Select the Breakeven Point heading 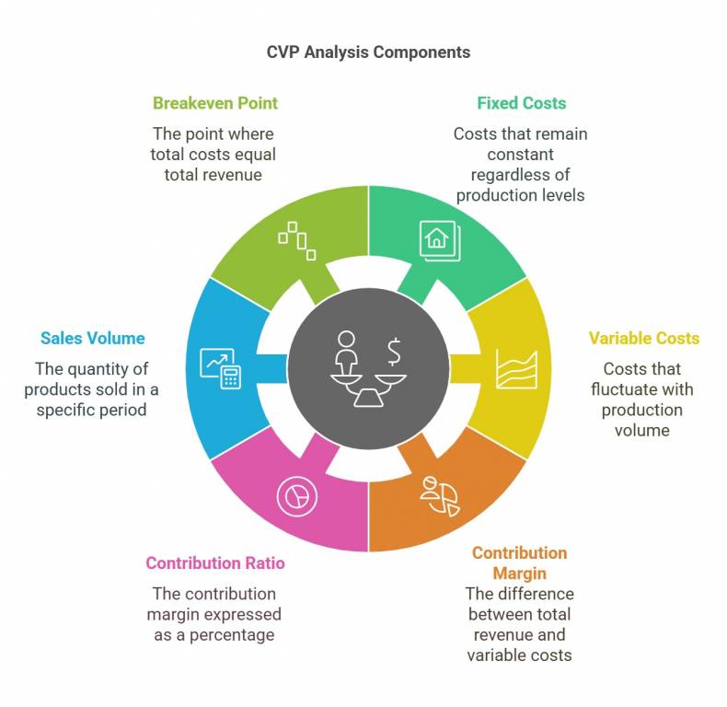point(214,103)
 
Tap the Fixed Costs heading point(521,103)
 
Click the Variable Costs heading point(643,338)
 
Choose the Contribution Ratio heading point(214,563)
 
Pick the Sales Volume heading point(92,338)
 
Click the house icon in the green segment point(438,239)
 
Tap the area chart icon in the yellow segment point(516,368)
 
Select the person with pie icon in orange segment point(441,495)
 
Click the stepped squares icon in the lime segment point(298,239)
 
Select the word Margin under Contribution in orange point(519,574)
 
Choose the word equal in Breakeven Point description point(256,155)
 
